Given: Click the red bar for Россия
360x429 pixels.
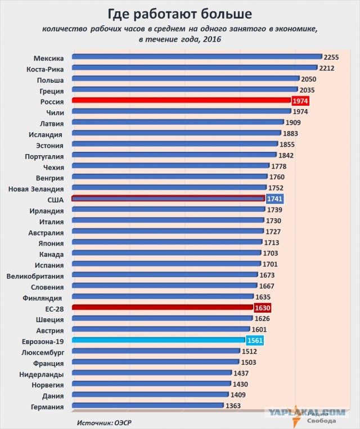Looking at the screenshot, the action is (181, 101).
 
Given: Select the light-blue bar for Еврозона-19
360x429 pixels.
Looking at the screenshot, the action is (159, 340).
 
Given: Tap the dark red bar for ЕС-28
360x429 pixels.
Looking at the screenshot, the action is (163, 308).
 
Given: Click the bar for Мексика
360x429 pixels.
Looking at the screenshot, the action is (197, 57).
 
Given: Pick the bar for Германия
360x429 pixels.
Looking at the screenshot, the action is (148, 405).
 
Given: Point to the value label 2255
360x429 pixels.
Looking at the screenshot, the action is (331, 57).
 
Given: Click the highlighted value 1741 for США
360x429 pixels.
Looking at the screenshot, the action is (274, 199).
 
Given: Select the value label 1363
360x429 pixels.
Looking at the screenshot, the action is (233, 406).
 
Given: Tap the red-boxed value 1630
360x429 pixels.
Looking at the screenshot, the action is (263, 308).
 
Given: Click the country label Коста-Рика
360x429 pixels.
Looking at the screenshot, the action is (45, 69).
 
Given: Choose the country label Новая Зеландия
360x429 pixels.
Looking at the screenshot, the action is (36, 189).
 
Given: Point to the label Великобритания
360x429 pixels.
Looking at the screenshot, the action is (35, 276).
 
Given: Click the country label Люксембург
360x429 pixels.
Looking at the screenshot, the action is (43, 353).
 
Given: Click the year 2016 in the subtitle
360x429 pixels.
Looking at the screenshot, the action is (212, 39).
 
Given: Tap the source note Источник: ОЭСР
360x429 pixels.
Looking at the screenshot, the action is (104, 423).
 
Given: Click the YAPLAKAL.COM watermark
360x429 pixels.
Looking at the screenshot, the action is (306, 412).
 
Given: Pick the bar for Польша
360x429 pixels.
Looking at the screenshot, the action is (186, 79).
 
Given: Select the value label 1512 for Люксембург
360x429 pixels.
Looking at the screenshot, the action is (249, 351).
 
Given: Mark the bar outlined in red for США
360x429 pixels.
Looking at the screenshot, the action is (168, 198).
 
